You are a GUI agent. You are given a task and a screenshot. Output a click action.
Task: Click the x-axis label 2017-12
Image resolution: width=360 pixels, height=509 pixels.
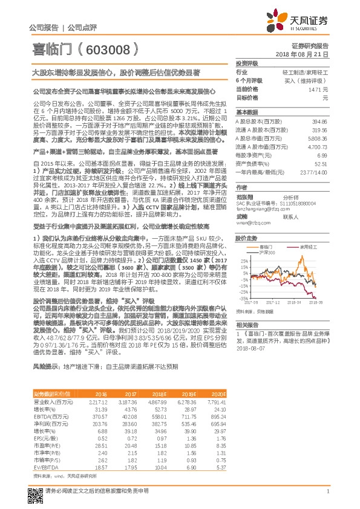[275, 301]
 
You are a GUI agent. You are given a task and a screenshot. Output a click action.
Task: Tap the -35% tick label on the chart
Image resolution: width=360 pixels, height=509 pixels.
[242, 298]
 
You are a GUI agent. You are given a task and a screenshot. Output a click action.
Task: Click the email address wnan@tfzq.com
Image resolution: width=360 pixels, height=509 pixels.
[252, 222]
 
